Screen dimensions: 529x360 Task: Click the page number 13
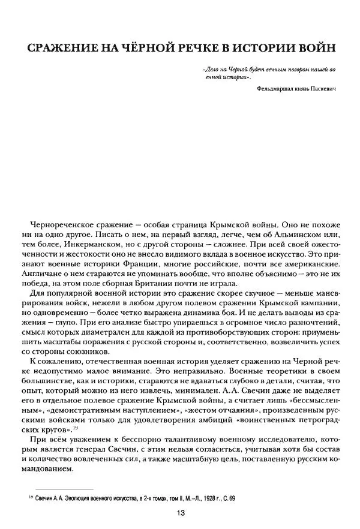point(181,512)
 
